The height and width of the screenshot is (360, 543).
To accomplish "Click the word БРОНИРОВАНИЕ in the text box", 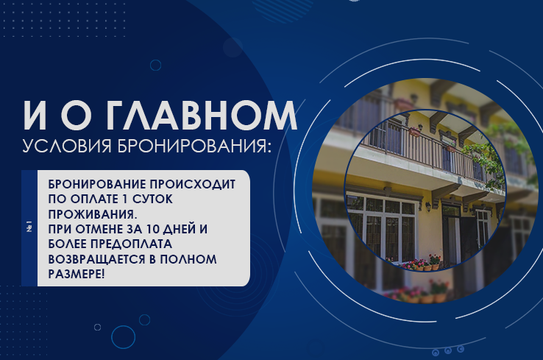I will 93,183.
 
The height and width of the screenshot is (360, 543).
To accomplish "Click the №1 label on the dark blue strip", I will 29,227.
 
